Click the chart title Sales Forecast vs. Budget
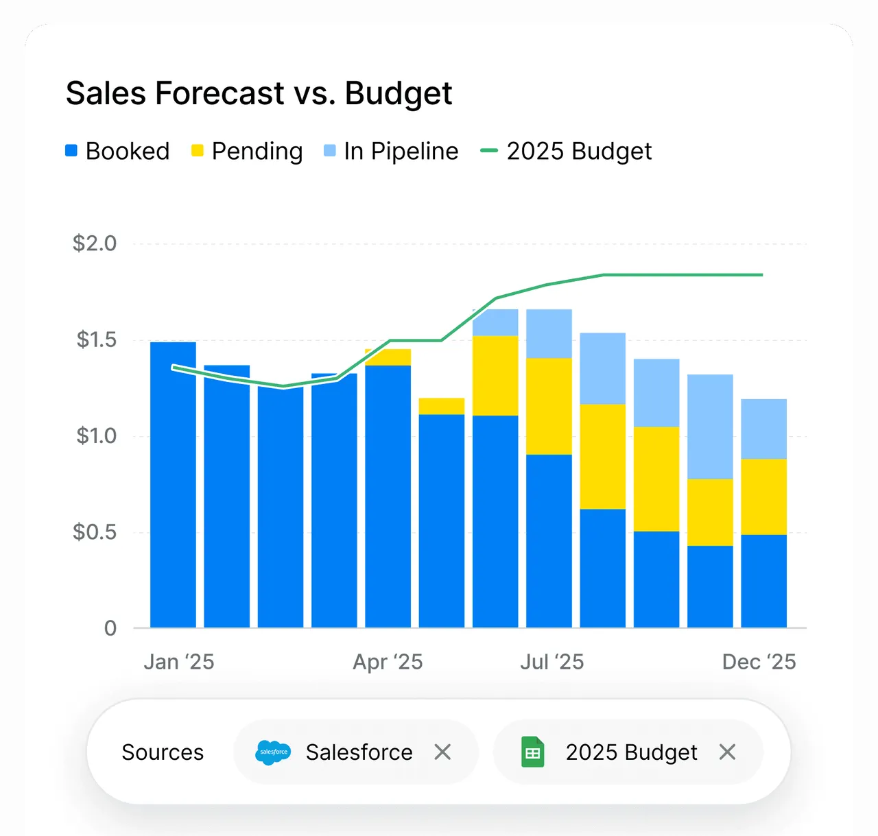pos(259,94)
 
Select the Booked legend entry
pos(117,151)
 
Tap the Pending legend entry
pos(247,151)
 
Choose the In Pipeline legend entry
pos(391,151)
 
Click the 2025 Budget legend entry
pos(566,151)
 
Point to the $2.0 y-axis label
pos(95,243)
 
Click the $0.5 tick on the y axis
pos(95,532)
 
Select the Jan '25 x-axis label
pos(179,662)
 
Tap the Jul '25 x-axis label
pos(552,662)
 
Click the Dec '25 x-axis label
pos(759,662)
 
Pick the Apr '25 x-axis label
pos(388,662)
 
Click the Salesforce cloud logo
pos(273,752)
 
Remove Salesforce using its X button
pos(442,752)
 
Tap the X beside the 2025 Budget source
pos(728,752)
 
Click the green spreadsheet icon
pos(533,752)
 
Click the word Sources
pos(163,752)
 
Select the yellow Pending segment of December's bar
pos(763,497)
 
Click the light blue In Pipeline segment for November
pos(710,427)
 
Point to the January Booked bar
pos(173,485)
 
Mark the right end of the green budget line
pos(762,274)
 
